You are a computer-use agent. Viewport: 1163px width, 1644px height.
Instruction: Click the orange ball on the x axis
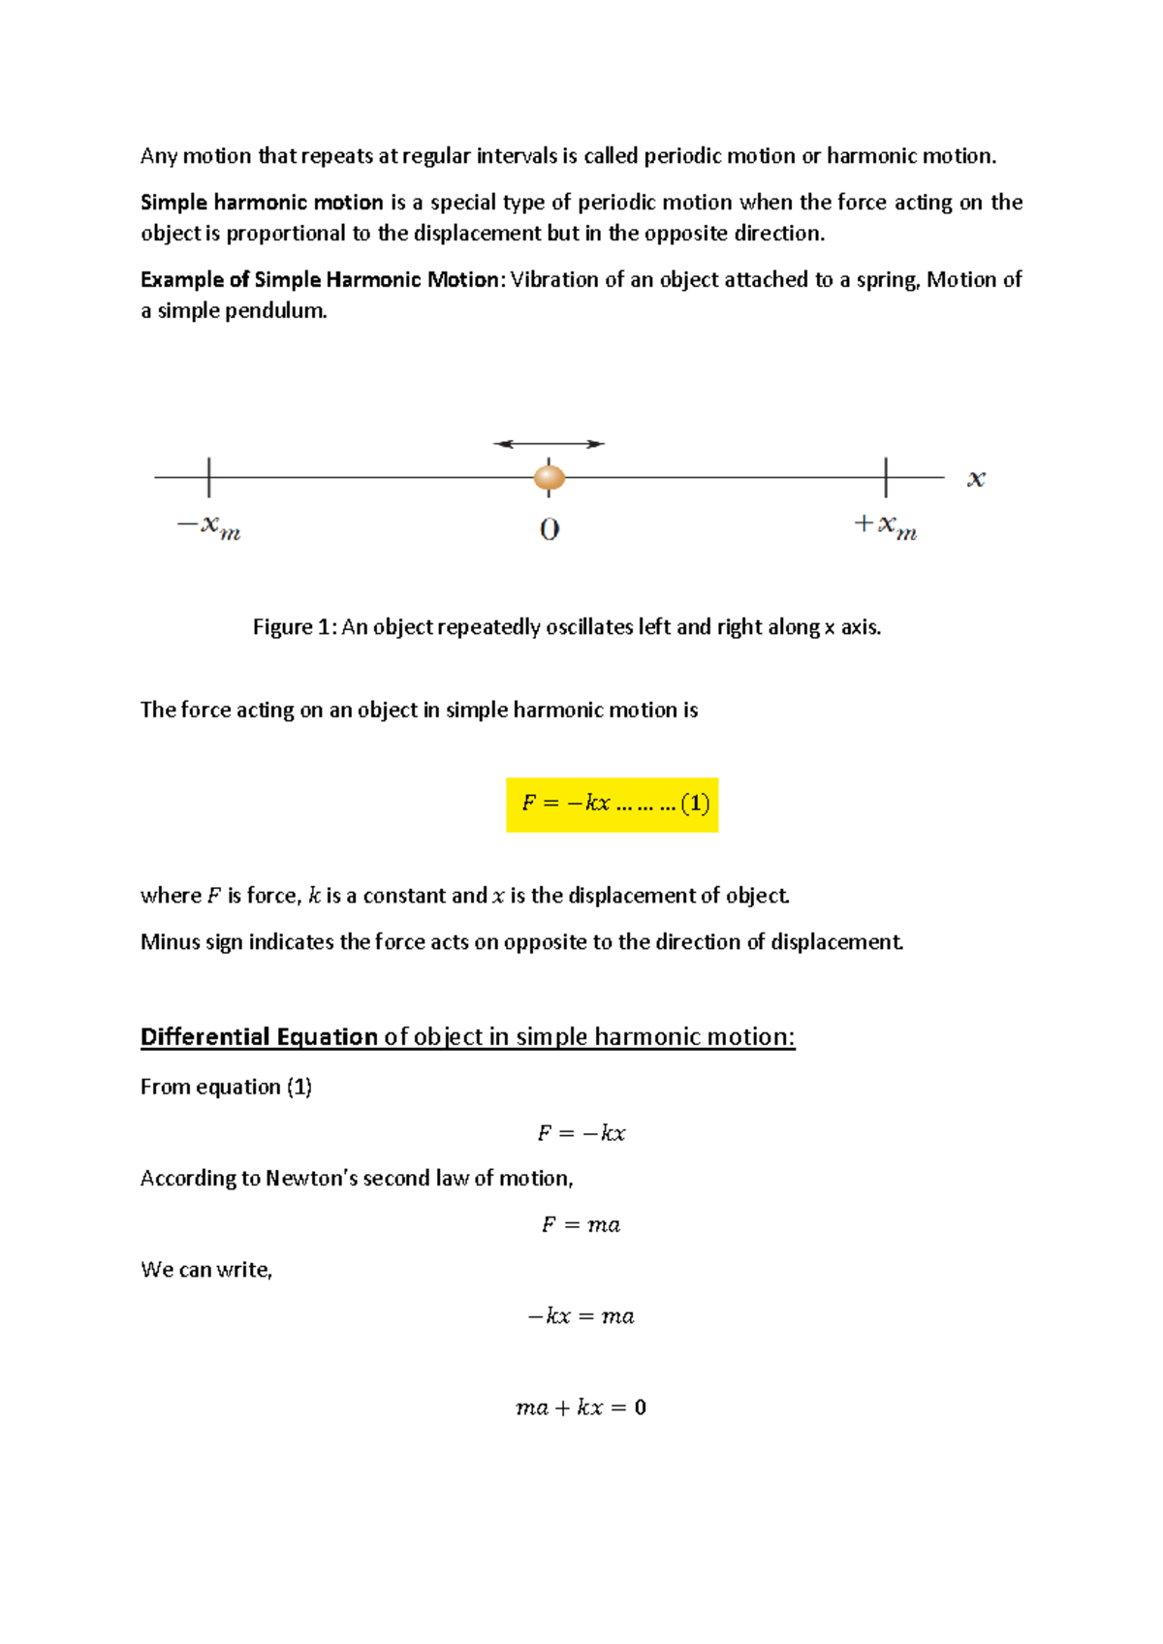[x=550, y=477]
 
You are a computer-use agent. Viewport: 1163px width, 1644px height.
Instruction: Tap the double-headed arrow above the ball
[x=549, y=444]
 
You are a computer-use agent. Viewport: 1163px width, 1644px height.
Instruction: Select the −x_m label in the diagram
[x=208, y=527]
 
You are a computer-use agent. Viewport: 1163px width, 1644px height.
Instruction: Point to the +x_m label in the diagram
[x=885, y=527]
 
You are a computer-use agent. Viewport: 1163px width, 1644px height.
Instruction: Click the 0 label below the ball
[x=550, y=529]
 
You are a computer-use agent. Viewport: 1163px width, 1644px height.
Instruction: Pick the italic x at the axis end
[x=976, y=479]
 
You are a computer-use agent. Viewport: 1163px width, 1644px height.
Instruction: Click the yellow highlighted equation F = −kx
[x=612, y=804]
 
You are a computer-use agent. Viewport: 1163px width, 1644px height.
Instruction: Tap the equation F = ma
[x=581, y=1225]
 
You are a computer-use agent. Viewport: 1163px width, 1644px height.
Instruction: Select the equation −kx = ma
[x=581, y=1316]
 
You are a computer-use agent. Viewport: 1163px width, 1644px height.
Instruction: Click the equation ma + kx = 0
[x=581, y=1407]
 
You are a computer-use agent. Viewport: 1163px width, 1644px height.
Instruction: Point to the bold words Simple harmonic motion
[x=262, y=203]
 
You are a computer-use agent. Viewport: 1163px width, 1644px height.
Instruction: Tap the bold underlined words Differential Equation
[x=259, y=1037]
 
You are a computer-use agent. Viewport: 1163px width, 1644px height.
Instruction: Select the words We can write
[x=206, y=1270]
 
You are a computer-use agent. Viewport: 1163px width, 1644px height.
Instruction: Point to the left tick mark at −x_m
[x=209, y=477]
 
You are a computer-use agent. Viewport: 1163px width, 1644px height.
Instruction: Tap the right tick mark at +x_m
[x=886, y=477]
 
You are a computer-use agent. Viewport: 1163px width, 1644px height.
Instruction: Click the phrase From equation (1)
[x=226, y=1088]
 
